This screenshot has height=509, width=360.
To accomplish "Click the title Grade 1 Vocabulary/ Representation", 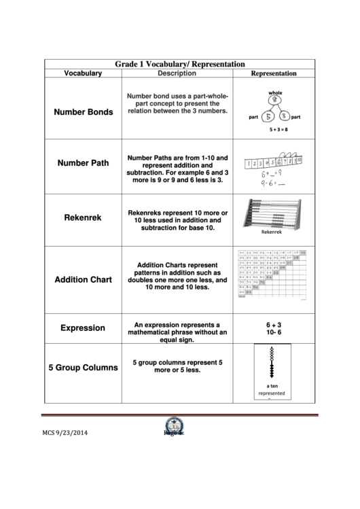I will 179,63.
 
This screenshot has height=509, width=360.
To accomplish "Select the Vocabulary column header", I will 83,73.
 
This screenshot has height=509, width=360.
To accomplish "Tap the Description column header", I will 176,73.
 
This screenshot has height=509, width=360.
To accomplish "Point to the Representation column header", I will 274,73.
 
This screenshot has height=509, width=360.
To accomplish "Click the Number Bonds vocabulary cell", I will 83,112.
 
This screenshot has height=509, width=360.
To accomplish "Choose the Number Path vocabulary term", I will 83,163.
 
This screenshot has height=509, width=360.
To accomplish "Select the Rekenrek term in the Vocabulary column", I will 83,218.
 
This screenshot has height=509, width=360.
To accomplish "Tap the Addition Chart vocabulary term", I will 83,279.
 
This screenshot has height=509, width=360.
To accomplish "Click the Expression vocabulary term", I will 83,328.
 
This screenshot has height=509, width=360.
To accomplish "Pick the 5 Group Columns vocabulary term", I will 83,368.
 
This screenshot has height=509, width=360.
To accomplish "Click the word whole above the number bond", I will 275,92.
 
